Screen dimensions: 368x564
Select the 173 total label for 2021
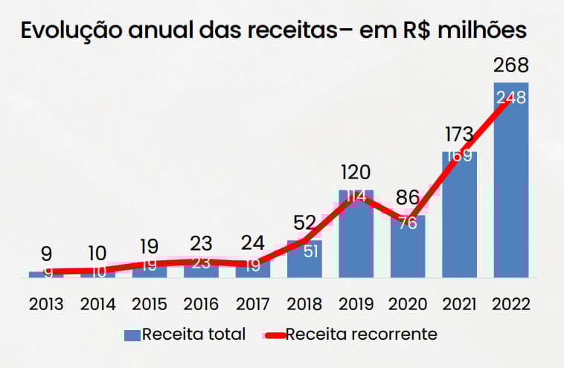pyautogui.click(x=459, y=135)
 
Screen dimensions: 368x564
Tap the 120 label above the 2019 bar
pyautogui.click(x=356, y=172)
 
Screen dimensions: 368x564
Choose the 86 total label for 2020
pyautogui.click(x=407, y=198)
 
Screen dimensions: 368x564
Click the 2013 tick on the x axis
pyautogui.click(x=46, y=304)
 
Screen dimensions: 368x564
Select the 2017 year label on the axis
pyautogui.click(x=253, y=304)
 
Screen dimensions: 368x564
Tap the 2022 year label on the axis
pyautogui.click(x=511, y=304)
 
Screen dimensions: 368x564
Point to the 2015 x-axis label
pyautogui.click(x=150, y=304)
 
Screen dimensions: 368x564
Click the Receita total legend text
pyautogui.click(x=193, y=334)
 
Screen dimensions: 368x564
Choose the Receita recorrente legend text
pyautogui.click(x=361, y=334)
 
